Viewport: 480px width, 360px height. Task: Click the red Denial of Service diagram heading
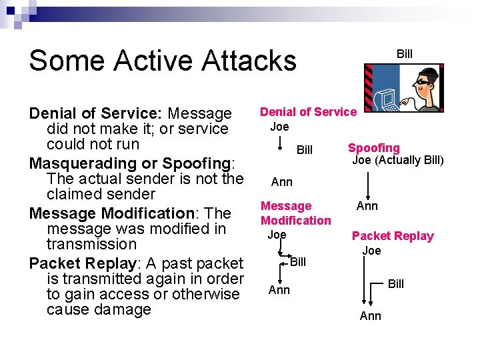pyautogui.click(x=308, y=112)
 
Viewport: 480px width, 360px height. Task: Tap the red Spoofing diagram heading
pyautogui.click(x=374, y=148)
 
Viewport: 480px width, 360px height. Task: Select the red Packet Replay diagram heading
pyautogui.click(x=393, y=236)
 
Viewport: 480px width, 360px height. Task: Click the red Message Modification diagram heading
pyautogui.click(x=295, y=213)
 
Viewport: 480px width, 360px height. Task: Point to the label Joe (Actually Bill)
pyautogui.click(x=397, y=160)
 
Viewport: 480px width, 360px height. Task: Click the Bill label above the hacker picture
pyautogui.click(x=405, y=54)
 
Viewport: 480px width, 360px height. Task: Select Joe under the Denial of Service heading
pyautogui.click(x=279, y=127)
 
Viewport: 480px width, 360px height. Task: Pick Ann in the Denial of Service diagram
pyautogui.click(x=281, y=182)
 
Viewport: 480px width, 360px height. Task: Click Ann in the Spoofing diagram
pyautogui.click(x=367, y=206)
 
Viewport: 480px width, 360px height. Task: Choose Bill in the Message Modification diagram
pyautogui.click(x=298, y=262)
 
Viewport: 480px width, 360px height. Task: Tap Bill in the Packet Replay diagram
pyautogui.click(x=396, y=284)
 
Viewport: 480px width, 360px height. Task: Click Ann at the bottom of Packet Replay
pyautogui.click(x=370, y=316)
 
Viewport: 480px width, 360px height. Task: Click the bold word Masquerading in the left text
pyautogui.click(x=81, y=163)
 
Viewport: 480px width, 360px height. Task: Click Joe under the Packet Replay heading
pyautogui.click(x=371, y=251)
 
